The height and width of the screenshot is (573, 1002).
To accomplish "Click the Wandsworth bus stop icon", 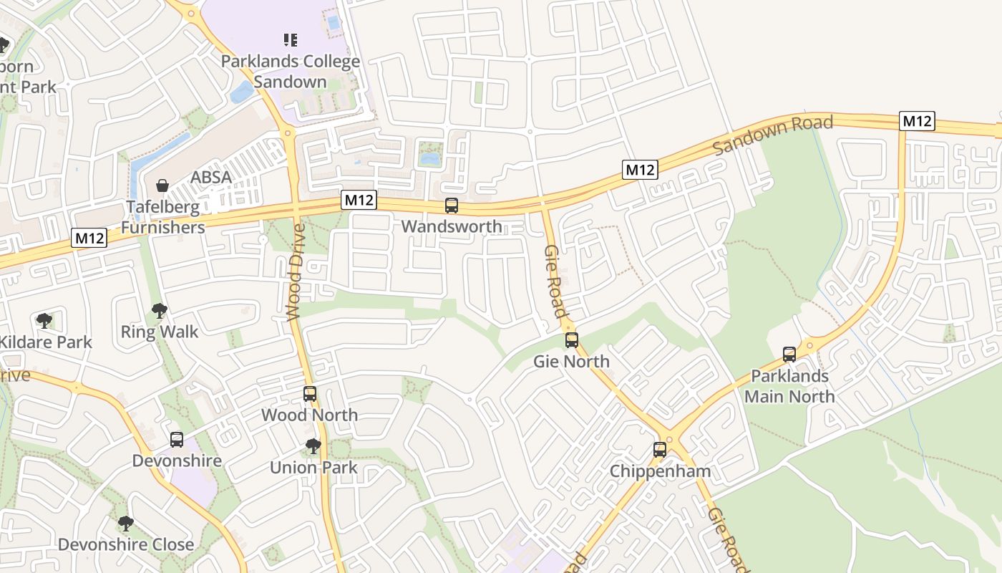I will (x=452, y=206).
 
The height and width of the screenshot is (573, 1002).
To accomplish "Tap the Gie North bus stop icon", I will (x=571, y=340).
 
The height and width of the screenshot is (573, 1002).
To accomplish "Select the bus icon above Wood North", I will (x=310, y=394).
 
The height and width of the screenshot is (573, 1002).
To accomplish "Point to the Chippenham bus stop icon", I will (x=660, y=450).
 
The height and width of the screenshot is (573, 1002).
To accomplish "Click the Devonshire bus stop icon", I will (x=177, y=440).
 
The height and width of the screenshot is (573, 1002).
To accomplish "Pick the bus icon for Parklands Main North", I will (x=789, y=354).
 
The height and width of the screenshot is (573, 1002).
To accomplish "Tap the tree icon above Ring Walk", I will (x=159, y=311).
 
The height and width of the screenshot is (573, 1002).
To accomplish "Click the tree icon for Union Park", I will (x=313, y=446).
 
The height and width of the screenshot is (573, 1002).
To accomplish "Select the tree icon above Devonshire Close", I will (x=126, y=524).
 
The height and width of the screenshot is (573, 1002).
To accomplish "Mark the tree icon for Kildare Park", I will (x=44, y=320).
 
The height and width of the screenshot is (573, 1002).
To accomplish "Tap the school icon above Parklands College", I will (x=290, y=39).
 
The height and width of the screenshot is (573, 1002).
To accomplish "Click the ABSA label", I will (x=211, y=178).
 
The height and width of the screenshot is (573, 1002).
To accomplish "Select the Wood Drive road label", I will (x=296, y=272).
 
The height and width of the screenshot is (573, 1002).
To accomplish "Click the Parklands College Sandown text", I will (x=290, y=72).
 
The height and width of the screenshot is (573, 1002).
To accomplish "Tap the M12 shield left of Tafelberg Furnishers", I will (x=89, y=238).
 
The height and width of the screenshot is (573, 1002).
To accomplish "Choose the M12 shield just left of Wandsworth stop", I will (x=359, y=200).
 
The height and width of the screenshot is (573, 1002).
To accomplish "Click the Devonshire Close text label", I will (x=126, y=544).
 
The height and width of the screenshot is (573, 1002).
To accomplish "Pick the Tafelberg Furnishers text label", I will (x=162, y=217).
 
